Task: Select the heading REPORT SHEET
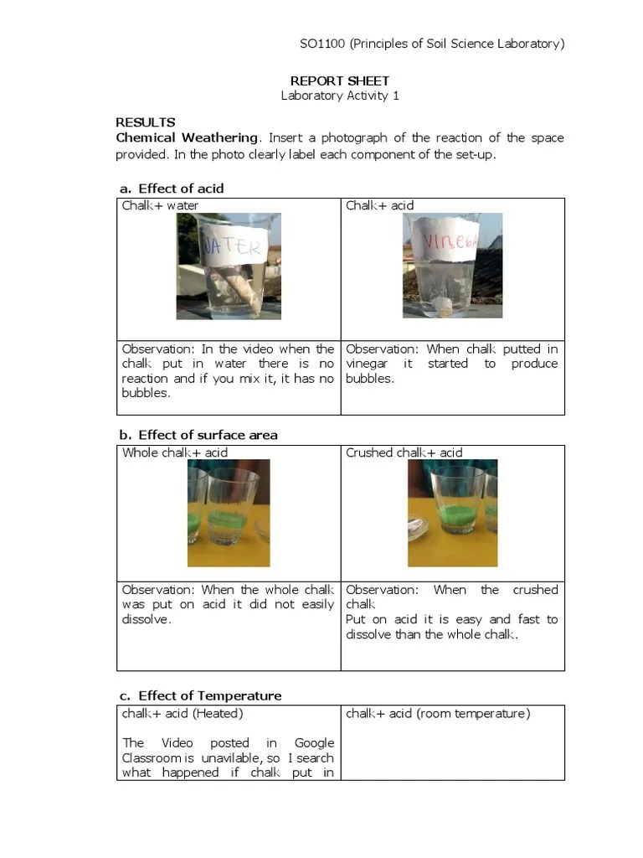pyautogui.click(x=339, y=80)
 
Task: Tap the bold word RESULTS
pyautogui.click(x=146, y=122)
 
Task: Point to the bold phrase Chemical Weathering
pyautogui.click(x=187, y=137)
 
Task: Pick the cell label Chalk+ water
pyautogui.click(x=161, y=205)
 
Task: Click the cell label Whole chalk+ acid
pyautogui.click(x=175, y=452)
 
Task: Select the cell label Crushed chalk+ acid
pyautogui.click(x=404, y=452)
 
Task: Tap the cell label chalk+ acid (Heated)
pyautogui.click(x=183, y=713)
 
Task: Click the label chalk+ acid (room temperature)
pyautogui.click(x=438, y=713)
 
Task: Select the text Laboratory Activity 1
pyautogui.click(x=339, y=96)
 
